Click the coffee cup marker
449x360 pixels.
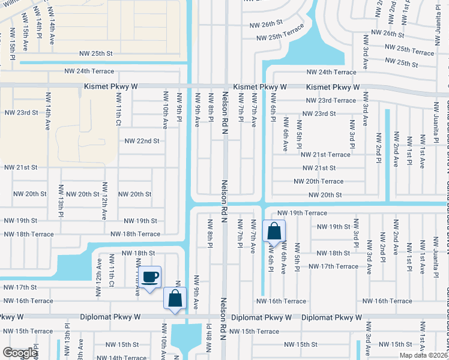point(150,277)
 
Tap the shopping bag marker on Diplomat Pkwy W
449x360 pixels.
point(175,298)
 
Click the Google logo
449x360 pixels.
point(19,353)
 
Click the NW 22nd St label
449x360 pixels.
point(142,141)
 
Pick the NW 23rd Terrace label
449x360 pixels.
point(331,101)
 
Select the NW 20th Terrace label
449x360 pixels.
point(318,181)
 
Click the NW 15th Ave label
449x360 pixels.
point(25,37)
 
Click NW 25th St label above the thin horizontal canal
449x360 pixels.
point(96,53)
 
